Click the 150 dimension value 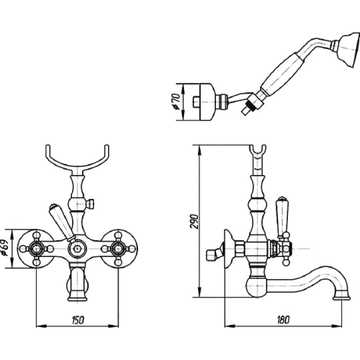click(x=78, y=320)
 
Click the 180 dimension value click(x=283, y=319)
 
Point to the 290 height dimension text click(x=194, y=221)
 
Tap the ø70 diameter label click(x=176, y=101)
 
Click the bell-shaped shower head click(x=348, y=51)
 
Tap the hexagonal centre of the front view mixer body click(x=77, y=248)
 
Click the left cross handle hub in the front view click(x=36, y=248)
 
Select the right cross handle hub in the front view click(x=118, y=248)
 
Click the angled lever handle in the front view click(x=62, y=221)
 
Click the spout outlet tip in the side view click(x=342, y=297)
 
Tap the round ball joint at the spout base click(x=256, y=287)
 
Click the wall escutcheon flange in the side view click(x=229, y=248)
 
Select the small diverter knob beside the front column click(x=90, y=204)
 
